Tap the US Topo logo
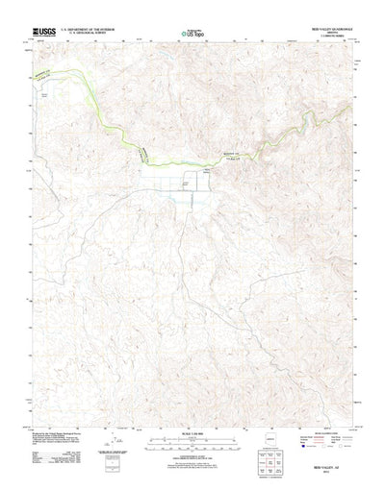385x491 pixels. pos(192,32)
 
